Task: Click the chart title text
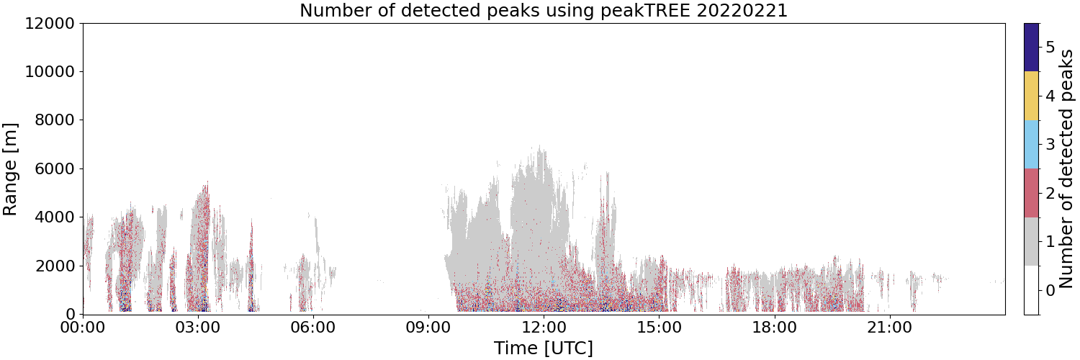coord(544,10)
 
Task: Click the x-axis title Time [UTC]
coord(544,348)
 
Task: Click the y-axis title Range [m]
coord(9,169)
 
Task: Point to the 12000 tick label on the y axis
coord(50,23)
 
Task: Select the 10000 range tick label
coord(50,72)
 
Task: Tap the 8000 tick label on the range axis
coord(55,120)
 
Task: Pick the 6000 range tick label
coord(55,169)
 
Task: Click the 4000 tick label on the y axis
coord(55,217)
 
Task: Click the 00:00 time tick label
coord(84,328)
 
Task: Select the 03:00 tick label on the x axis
coord(199,328)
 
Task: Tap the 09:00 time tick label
coord(428,328)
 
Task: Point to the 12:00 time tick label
coord(544,328)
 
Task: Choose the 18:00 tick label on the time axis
coord(774,328)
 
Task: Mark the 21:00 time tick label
coord(889,328)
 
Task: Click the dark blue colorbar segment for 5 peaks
coord(1031,48)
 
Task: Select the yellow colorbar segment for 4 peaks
coord(1031,96)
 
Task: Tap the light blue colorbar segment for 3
coord(1031,145)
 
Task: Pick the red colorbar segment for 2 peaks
coord(1031,193)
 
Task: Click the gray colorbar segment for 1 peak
coord(1031,241)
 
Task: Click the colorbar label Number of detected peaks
coord(1066,169)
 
